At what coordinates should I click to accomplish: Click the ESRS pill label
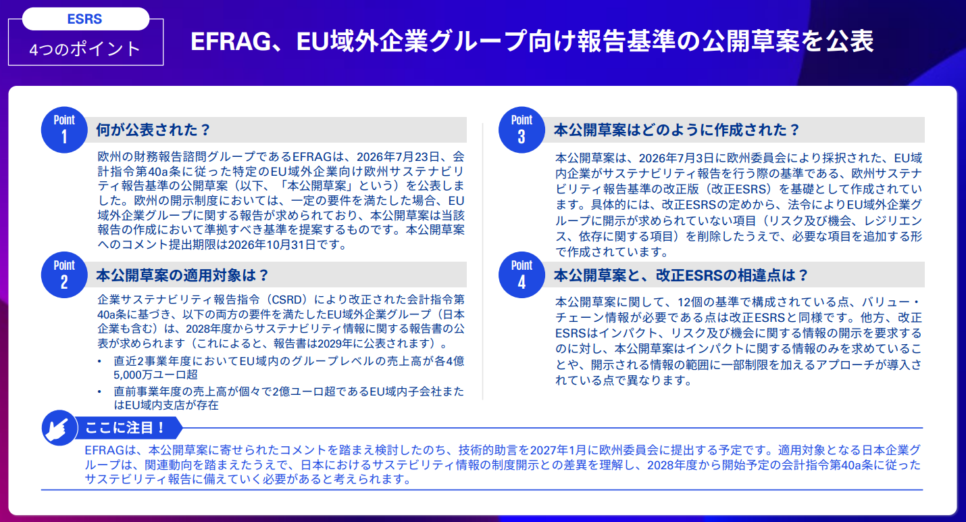85,19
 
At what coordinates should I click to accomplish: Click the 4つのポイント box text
85,49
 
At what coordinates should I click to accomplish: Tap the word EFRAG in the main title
231,41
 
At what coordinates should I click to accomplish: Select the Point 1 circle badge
64,130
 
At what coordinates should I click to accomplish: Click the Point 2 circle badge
64,275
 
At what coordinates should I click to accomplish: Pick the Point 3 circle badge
522,130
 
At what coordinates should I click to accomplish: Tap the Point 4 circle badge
522,275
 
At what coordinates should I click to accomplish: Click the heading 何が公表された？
153,130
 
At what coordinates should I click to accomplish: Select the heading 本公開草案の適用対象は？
182,275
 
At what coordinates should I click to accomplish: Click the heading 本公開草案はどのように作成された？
677,130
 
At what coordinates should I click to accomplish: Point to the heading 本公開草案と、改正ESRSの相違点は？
680,275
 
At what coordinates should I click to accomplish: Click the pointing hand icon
59,427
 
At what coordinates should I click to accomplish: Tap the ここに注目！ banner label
124,427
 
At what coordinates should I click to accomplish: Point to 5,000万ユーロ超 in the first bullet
155,375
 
